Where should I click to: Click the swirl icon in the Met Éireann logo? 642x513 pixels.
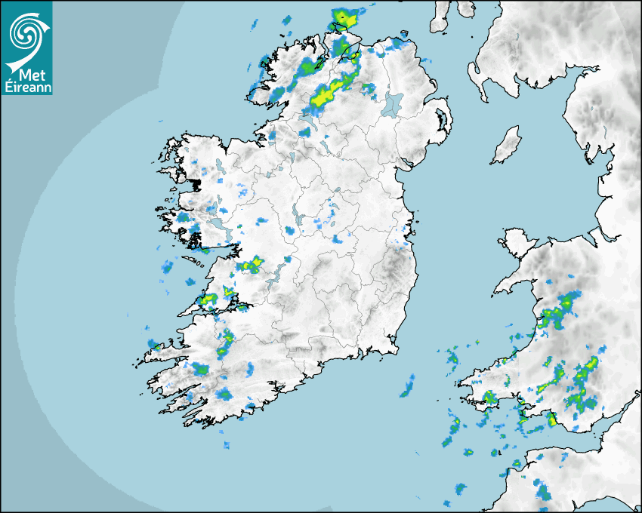pos(24,31)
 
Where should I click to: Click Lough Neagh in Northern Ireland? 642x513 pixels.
pos(393,103)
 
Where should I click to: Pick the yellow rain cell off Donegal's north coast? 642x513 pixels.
pos(343,16)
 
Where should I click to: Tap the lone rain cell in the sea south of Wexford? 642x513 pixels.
pos(408,389)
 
